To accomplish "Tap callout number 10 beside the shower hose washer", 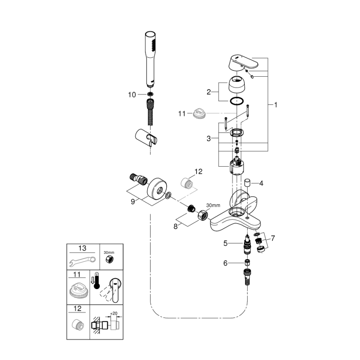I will click(132, 95).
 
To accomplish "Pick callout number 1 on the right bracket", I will click(275, 105).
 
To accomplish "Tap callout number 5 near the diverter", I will click(226, 243).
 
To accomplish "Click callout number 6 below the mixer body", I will click(226, 263).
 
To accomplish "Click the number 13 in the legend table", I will click(83, 248).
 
